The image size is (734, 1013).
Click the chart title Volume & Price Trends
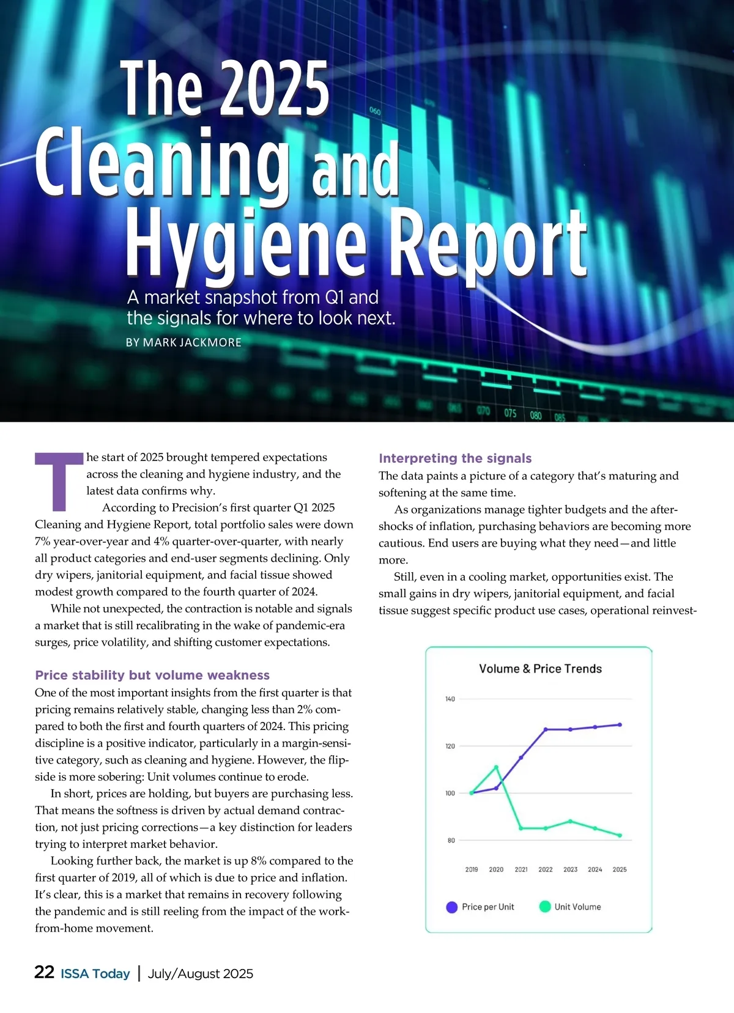click(x=540, y=669)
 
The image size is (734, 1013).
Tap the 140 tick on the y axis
click(x=450, y=699)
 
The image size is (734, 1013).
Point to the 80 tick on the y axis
click(x=451, y=841)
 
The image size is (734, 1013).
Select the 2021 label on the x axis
click(x=521, y=869)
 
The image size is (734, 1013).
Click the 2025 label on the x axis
click(x=620, y=869)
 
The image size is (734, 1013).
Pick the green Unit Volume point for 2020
click(x=496, y=767)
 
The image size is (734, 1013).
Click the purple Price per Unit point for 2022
click(x=546, y=729)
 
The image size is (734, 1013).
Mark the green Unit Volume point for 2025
click(x=620, y=836)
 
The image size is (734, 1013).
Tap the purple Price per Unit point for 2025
click(x=620, y=724)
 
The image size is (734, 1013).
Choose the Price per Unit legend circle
click(x=452, y=907)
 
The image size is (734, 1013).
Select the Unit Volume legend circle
click(x=545, y=907)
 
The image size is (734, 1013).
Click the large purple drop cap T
click(x=59, y=481)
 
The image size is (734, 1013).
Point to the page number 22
click(x=44, y=973)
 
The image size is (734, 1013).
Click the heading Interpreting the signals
click(x=455, y=459)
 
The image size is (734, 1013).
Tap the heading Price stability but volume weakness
click(x=152, y=675)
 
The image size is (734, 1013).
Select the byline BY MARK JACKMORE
click(x=183, y=342)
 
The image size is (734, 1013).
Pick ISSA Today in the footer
click(x=95, y=974)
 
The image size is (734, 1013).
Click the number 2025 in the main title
click(x=275, y=89)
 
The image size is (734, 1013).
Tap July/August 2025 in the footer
click(x=201, y=974)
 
